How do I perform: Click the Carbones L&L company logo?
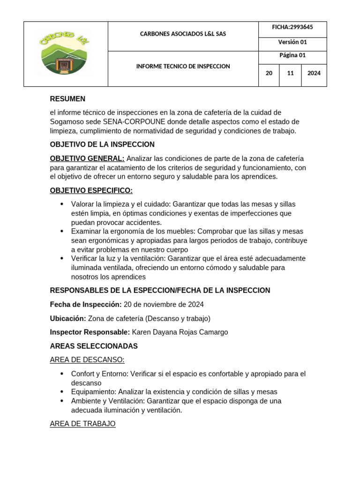point(65,53)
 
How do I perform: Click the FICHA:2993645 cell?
point(292,28)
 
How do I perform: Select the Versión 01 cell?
point(292,42)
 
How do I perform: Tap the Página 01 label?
point(292,55)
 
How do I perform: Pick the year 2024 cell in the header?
point(314,73)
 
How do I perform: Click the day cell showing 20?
point(269,73)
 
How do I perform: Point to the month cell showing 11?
point(290,73)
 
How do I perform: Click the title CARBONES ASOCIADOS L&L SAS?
point(183,34)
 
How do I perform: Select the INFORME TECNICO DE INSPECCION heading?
point(183,67)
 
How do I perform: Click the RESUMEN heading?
point(67,99)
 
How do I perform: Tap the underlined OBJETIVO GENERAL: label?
point(87,158)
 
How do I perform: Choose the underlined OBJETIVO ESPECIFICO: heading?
point(91,190)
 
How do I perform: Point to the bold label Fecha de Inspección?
point(86,305)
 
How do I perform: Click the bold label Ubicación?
point(68,319)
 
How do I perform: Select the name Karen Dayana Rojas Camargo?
point(180,332)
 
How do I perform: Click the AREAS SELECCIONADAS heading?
point(94,346)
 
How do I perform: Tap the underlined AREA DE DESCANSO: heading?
point(87,360)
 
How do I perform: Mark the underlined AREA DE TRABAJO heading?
point(82,424)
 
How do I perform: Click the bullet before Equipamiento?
point(62,392)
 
